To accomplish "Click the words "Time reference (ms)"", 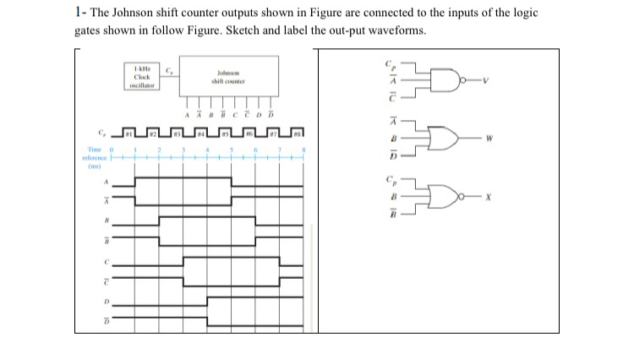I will tap(91, 157).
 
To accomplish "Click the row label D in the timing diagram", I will tap(106, 300).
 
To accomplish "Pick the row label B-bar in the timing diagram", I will tap(106, 239).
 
